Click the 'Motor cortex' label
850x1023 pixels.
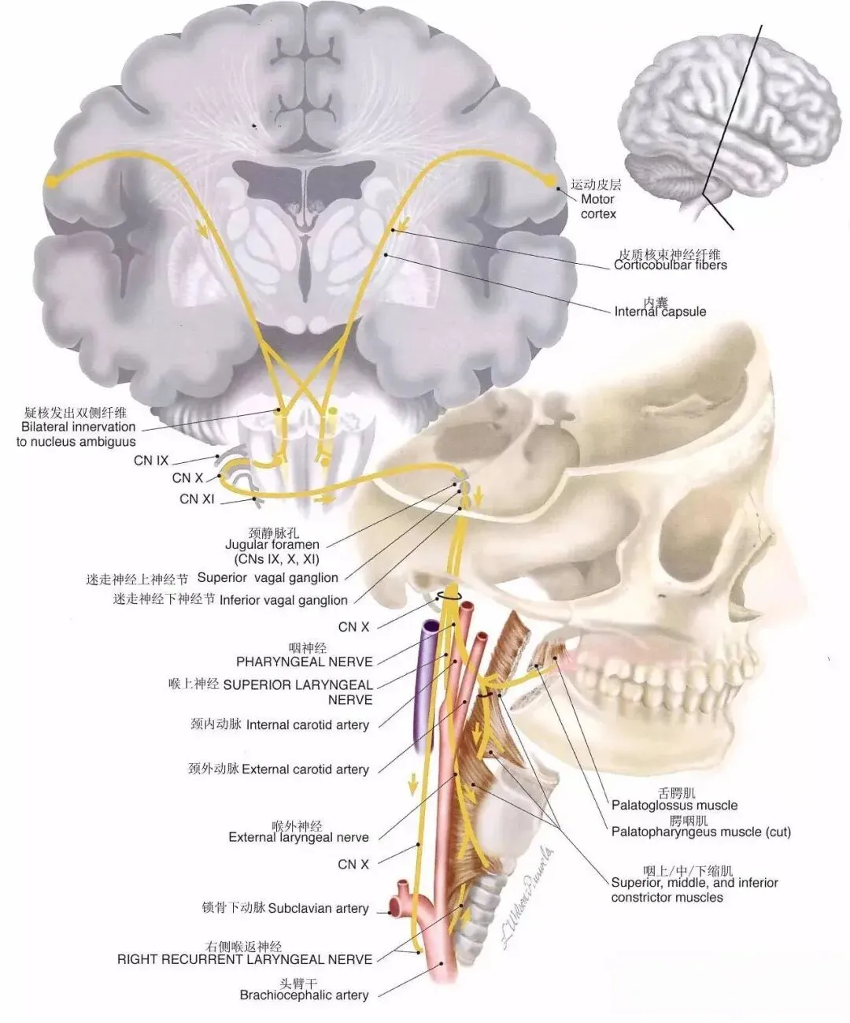click(x=598, y=206)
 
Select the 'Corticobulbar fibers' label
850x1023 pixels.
click(x=671, y=265)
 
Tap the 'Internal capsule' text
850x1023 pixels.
click(x=660, y=311)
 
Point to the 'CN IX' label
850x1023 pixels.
click(x=151, y=460)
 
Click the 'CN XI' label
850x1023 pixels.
click(x=197, y=499)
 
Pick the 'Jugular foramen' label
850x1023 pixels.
click(x=272, y=544)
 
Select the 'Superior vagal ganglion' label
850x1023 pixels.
click(x=268, y=577)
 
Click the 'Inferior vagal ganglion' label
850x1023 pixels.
click(x=283, y=599)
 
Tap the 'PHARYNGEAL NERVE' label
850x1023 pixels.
click(x=305, y=662)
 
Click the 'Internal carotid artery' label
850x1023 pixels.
click(x=307, y=725)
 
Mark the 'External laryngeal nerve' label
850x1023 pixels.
click(x=298, y=837)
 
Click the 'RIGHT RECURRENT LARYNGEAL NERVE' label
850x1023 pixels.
click(x=245, y=959)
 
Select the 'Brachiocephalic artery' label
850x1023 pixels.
click(x=304, y=995)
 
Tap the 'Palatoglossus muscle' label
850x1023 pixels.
click(x=674, y=805)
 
